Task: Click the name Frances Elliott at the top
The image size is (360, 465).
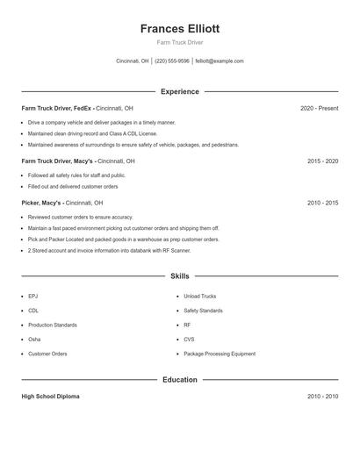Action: click(x=179, y=28)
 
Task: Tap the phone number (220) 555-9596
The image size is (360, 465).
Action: click(x=172, y=61)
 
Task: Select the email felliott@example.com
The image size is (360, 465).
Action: click(x=220, y=61)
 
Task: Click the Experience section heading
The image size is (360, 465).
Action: click(x=179, y=91)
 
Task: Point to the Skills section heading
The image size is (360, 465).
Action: click(x=179, y=276)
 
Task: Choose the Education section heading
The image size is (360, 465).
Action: click(x=179, y=380)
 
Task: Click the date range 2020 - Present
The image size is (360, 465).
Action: click(x=319, y=108)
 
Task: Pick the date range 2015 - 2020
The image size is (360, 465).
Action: click(x=322, y=161)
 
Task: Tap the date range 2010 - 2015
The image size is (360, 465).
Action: click(x=322, y=203)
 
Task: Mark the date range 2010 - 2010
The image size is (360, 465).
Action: click(x=322, y=397)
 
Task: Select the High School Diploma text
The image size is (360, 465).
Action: click(x=50, y=397)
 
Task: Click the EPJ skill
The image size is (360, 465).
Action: click(x=33, y=297)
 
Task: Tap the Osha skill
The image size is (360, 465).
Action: click(x=34, y=339)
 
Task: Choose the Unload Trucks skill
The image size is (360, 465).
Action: click(x=199, y=297)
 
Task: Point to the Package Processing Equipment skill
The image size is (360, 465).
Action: click(x=220, y=354)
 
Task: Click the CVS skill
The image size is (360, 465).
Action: click(x=189, y=339)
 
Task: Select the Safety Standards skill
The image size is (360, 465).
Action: click(x=203, y=311)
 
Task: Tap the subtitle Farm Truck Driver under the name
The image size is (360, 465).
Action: click(x=179, y=42)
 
